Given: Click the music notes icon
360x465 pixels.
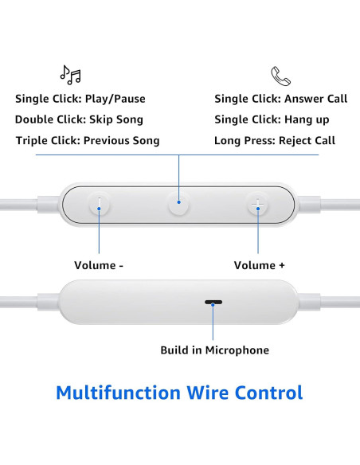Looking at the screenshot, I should pyautogui.click(x=70, y=75).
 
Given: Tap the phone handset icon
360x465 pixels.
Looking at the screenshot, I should pyautogui.click(x=280, y=76).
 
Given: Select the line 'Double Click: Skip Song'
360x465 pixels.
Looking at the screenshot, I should pyautogui.click(x=79, y=119).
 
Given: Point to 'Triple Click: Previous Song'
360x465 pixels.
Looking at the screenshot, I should pyautogui.click(x=87, y=140).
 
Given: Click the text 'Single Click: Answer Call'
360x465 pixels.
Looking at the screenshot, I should pyautogui.click(x=280, y=99).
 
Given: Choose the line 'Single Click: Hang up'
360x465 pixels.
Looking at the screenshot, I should pyautogui.click(x=271, y=119).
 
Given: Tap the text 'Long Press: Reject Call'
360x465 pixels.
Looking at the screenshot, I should pyautogui.click(x=274, y=140).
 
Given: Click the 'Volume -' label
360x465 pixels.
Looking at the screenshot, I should pyautogui.click(x=99, y=265).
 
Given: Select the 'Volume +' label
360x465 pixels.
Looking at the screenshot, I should pyautogui.click(x=259, y=265).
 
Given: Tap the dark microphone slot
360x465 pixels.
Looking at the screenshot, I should pyautogui.click(x=213, y=303).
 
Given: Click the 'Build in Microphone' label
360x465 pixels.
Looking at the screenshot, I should pyautogui.click(x=214, y=350).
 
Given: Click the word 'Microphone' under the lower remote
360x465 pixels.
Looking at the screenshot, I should pyautogui.click(x=237, y=350).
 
